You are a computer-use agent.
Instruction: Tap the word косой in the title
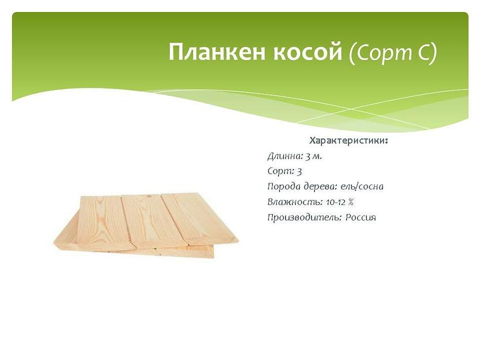click(307, 52)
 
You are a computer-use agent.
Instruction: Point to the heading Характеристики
click(348, 141)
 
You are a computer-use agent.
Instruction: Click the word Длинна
click(284, 156)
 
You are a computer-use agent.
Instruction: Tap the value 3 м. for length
click(313, 156)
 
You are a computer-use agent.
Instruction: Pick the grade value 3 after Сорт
click(299, 171)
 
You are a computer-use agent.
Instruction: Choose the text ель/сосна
click(362, 186)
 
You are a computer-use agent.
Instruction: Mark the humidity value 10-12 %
click(339, 202)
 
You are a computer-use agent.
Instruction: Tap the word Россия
click(361, 217)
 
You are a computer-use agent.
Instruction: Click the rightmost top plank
click(199, 218)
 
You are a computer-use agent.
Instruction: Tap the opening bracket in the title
click(352, 54)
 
